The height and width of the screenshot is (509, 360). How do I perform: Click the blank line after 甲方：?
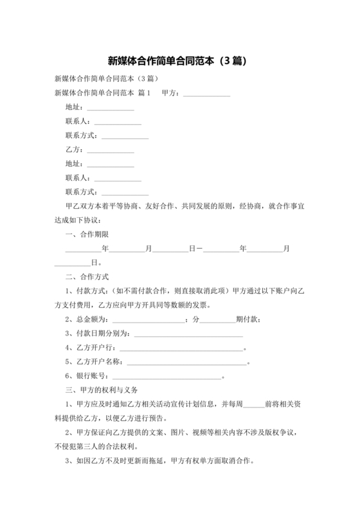tap(206, 94)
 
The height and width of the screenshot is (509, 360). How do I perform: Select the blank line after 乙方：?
tap(111, 151)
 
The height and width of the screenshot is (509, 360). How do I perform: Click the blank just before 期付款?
tap(219, 319)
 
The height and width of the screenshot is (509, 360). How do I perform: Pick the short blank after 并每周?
tap(254, 405)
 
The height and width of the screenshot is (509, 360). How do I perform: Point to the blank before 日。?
tap(73, 263)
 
